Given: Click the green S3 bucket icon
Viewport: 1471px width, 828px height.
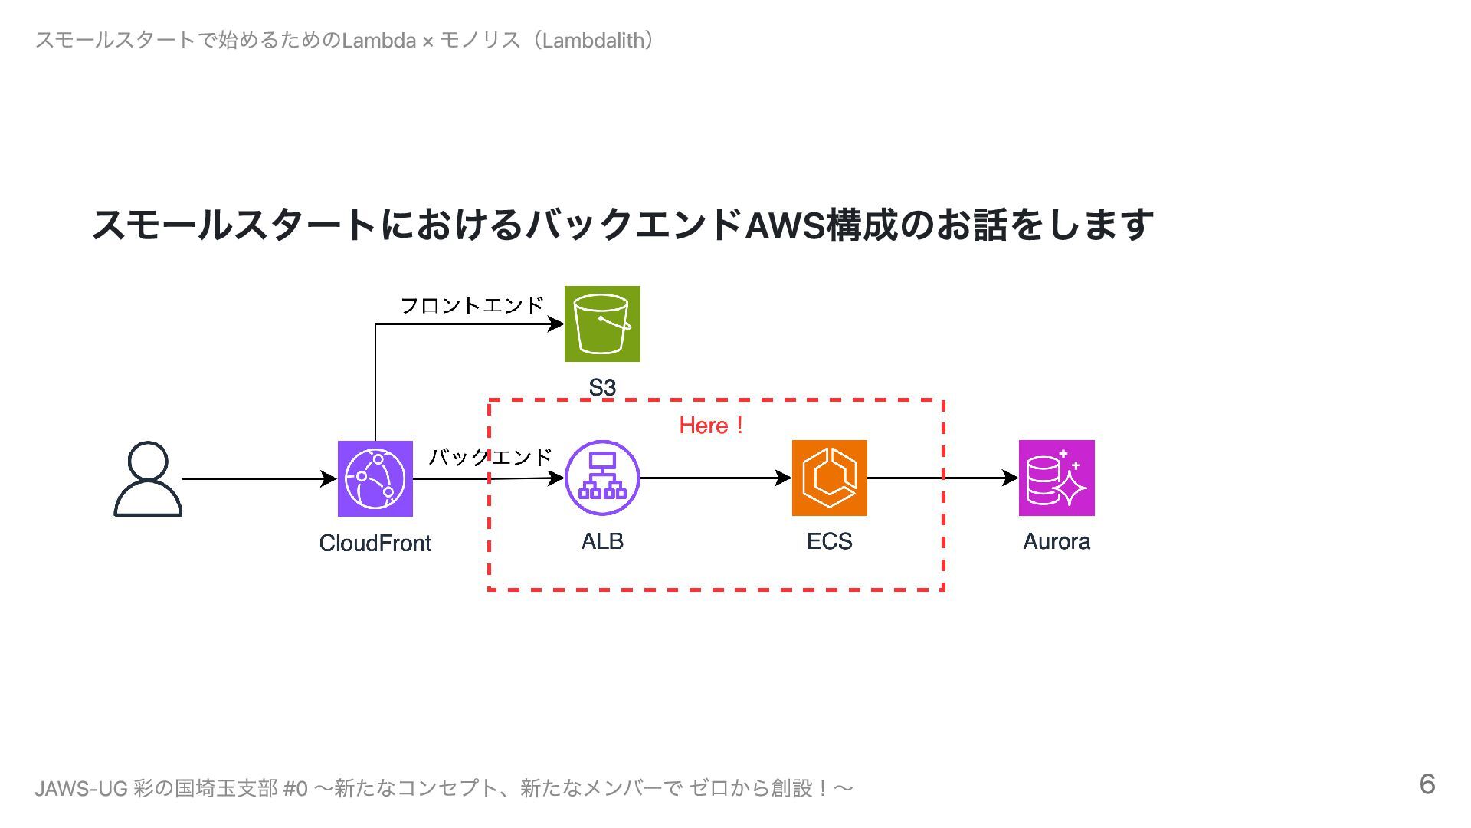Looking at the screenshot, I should coord(602,324).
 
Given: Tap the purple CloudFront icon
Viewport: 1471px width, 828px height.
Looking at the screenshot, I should coord(375,478).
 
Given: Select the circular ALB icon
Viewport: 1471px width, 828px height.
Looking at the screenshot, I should coord(602,478).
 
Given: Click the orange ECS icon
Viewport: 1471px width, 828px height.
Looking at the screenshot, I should coord(829,478).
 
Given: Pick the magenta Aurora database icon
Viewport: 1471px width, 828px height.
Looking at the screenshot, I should coord(1057,478).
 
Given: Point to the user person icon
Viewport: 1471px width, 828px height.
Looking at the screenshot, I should coord(148,479).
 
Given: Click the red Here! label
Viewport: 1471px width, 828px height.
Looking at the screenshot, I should coord(711,426).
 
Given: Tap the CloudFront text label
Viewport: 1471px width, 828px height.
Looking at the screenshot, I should coord(375,543).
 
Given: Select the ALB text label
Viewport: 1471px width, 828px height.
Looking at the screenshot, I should coord(602,541).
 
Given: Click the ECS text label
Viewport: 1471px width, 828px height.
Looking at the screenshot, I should coord(829,541).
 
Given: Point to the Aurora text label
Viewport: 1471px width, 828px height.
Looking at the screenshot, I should coord(1057,541).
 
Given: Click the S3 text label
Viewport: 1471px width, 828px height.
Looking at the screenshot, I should coord(602,387).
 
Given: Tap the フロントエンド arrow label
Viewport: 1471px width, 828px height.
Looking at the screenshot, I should coord(472,305).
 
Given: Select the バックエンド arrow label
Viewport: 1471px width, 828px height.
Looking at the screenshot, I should coord(490,457).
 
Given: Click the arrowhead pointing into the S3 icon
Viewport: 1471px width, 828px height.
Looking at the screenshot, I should coord(556,324).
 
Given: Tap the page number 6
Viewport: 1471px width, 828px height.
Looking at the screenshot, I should coord(1427,784).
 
